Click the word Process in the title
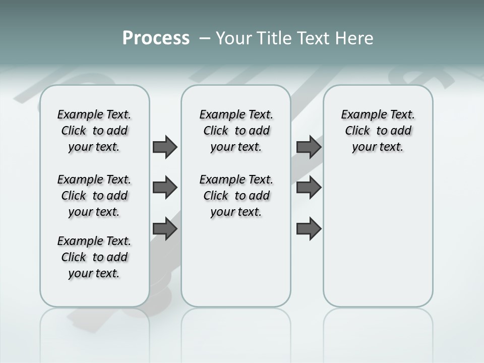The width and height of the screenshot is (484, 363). click(x=156, y=38)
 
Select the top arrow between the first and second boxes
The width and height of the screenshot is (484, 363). click(x=165, y=147)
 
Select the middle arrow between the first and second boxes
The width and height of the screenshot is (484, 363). click(x=165, y=188)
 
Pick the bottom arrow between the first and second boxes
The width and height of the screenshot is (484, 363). click(x=165, y=228)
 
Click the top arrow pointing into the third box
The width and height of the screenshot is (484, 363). click(x=309, y=147)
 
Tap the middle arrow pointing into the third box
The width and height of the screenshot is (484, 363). click(x=309, y=188)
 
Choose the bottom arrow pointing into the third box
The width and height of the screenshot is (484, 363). click(x=309, y=229)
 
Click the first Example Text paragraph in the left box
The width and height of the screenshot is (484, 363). click(x=94, y=131)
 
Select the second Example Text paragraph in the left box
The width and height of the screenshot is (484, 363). click(x=94, y=196)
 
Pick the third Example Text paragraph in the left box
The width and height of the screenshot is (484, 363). click(x=94, y=257)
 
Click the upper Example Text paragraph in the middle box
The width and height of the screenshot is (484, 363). click(x=236, y=131)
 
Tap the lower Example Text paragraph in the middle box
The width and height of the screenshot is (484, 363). click(x=236, y=196)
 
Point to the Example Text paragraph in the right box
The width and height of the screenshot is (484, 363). click(x=378, y=131)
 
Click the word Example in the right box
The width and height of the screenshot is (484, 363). click(x=360, y=115)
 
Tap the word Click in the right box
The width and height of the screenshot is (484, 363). click(x=357, y=131)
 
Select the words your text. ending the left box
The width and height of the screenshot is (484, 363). click(x=94, y=273)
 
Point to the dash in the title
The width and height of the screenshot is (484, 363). click(x=205, y=38)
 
